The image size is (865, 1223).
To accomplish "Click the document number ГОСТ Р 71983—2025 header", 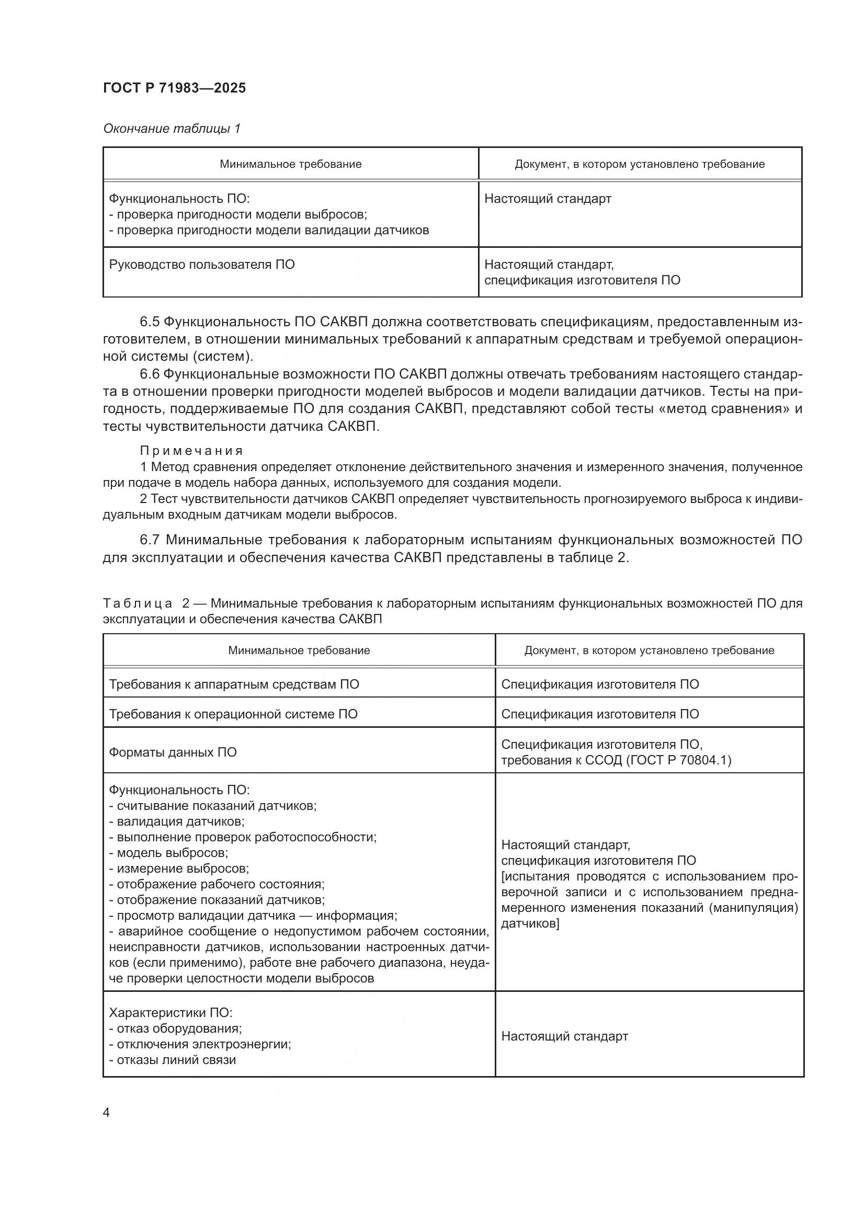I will pos(174,88).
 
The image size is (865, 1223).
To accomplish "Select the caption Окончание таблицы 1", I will pos(172,129).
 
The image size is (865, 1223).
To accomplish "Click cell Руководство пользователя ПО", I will pos(202,265).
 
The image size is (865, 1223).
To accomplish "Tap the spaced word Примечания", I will pos(191,451).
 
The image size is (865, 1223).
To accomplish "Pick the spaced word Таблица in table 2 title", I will pos(138,603).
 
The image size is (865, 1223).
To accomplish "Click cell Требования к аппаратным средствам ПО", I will pos(234,684).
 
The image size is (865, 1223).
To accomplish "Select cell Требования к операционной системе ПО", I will pos(233,714).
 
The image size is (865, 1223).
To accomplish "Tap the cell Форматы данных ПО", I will pos(173,752).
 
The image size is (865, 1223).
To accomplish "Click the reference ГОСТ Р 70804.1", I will pos(675,760).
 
